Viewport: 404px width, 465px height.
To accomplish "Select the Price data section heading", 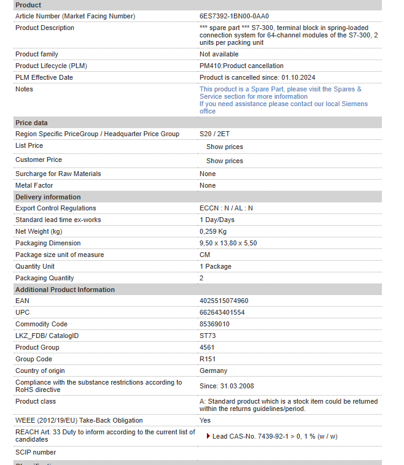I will click(31, 123).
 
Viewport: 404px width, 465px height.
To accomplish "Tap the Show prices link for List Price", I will click(224, 147).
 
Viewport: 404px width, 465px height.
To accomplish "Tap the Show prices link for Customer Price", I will click(224, 161).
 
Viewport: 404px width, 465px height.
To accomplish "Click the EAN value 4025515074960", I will click(223, 301).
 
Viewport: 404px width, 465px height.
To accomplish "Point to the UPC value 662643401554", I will click(222, 312).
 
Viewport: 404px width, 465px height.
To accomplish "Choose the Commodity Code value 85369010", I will click(214, 324).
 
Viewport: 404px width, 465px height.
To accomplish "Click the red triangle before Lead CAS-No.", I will click(209, 436).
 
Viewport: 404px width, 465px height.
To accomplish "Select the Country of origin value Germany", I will click(213, 371).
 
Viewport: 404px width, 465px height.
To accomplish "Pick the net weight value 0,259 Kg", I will click(213, 231).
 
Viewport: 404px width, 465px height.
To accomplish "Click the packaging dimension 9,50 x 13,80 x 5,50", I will click(228, 243).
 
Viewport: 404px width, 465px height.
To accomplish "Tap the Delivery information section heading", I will click(48, 197).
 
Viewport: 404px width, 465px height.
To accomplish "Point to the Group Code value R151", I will click(208, 359).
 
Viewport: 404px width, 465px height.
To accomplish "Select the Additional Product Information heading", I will click(65, 290).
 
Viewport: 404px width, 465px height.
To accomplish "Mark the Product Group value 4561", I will click(207, 347).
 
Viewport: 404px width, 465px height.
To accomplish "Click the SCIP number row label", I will click(36, 452).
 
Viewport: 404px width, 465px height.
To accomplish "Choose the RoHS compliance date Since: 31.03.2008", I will click(227, 386).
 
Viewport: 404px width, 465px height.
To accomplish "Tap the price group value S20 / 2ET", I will click(214, 134).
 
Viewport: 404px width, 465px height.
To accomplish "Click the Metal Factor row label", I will click(34, 185).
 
